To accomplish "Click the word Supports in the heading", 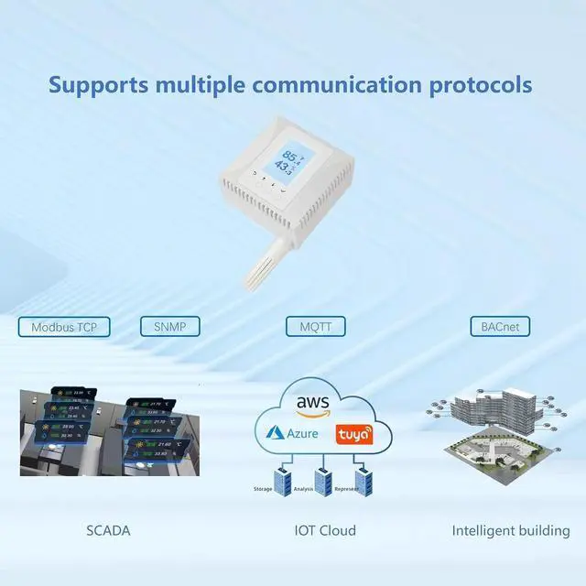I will coord(97,86).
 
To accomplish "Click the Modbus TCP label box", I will coord(64,327).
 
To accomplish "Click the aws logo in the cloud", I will coord(312,403).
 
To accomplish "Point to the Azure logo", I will coord(290,432).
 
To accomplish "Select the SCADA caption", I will coord(109,530).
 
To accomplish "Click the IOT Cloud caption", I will coord(325,530).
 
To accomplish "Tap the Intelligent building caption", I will coord(511,530).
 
